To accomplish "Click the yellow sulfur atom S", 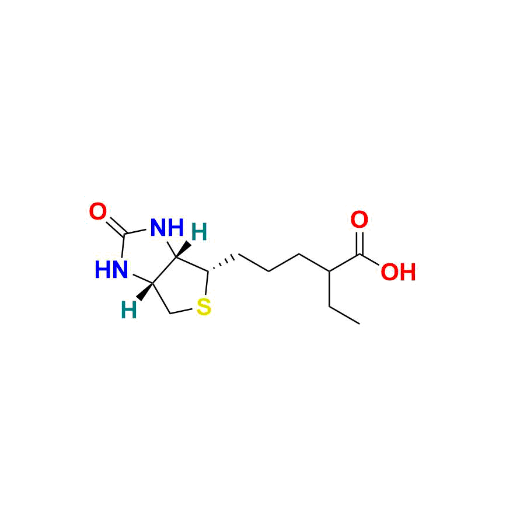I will tap(203, 306).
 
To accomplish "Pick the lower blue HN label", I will tap(111, 270).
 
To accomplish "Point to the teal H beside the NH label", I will tap(200, 234).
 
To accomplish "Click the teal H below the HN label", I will tap(128, 311).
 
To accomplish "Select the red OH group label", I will tap(398, 272).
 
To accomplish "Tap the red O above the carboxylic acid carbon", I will tap(360, 220).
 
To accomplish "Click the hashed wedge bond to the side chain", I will tap(223, 263).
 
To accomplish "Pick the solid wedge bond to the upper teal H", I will tap(184, 248).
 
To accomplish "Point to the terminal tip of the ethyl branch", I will tap(359, 322).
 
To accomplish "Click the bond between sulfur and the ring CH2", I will tap(182, 309).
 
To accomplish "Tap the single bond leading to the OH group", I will tap(374, 260).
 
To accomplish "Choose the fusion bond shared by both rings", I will tap(165, 270).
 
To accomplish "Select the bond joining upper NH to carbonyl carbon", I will tap(139, 232).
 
